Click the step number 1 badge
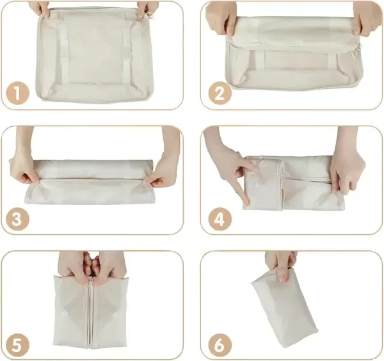click(17, 94)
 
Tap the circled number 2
click(220, 94)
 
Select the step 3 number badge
click(17, 219)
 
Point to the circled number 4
click(220, 219)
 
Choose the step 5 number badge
click(17, 345)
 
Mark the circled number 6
click(220, 345)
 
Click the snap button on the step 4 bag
click(257, 185)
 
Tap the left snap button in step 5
click(65, 312)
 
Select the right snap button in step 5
click(115, 314)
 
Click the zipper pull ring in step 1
click(150, 15)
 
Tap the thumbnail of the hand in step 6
click(283, 278)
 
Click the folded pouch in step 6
click(285, 309)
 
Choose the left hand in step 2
click(221, 19)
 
